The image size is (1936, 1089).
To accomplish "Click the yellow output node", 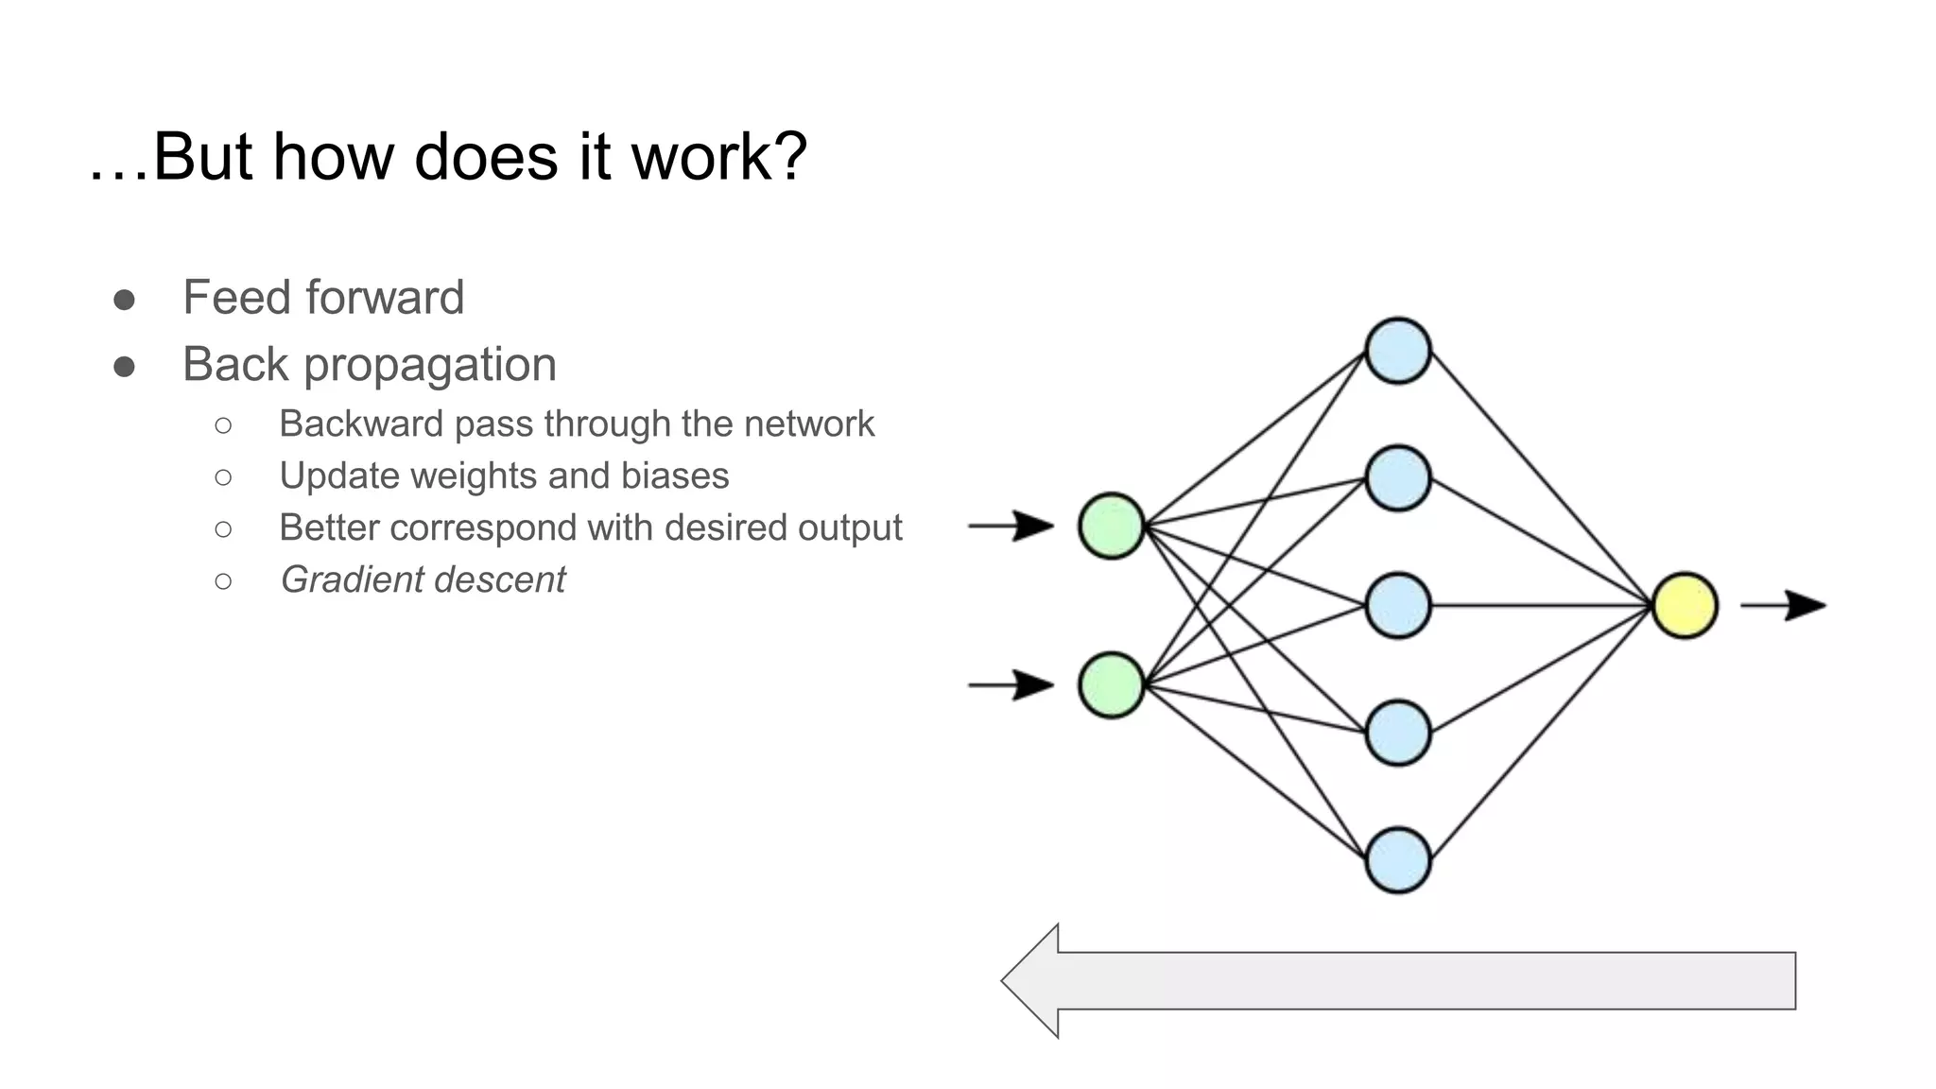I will click(1685, 605).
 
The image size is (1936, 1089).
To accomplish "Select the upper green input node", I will click(1112, 526).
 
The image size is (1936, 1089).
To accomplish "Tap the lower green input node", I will click(1112, 685).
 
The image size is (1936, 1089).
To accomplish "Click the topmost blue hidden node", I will click(1398, 351).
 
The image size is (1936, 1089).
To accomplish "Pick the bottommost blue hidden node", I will click(1398, 860).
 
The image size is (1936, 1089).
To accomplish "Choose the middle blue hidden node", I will click(1398, 605).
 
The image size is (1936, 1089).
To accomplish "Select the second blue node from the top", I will click(1398, 478).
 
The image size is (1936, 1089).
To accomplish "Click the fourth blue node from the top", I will click(1398, 733).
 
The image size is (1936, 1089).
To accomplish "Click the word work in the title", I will click(719, 157).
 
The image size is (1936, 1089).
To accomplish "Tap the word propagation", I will click(430, 366).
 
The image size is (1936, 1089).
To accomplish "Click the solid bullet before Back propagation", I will click(124, 367).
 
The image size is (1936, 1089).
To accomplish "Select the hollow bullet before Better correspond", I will click(223, 528).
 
